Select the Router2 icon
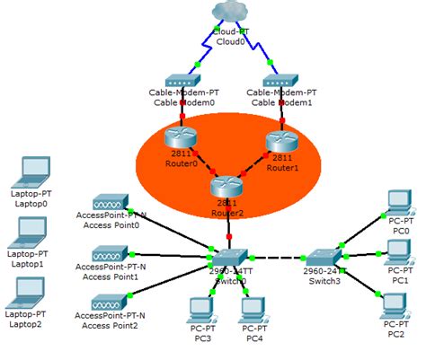point(227,187)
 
